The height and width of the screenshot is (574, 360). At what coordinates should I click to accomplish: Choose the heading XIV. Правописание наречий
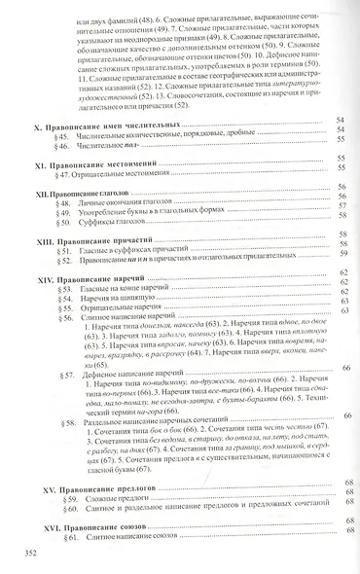(x=93, y=278)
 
